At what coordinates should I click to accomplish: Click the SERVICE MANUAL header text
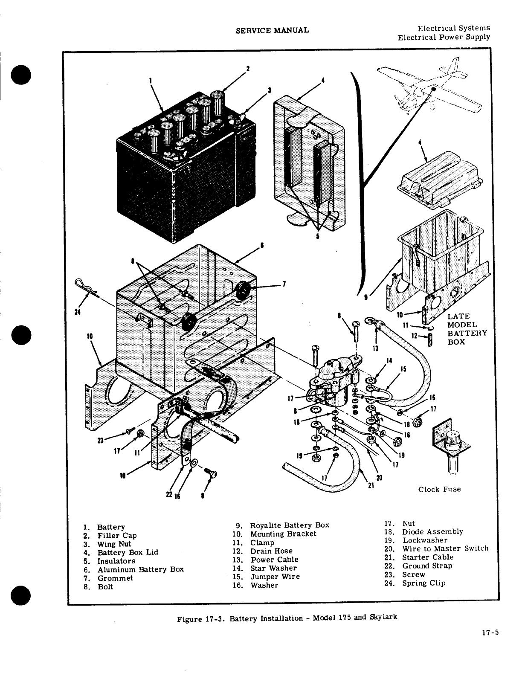pos(272,30)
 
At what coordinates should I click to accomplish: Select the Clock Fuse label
pos(439,489)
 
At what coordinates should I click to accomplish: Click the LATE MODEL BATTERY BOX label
pos(467,329)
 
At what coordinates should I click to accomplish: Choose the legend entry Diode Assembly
pos(432,531)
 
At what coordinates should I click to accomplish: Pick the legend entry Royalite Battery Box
pos(289,525)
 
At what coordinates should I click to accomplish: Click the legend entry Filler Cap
pos(117,535)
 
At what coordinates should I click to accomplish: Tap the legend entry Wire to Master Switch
pos(445,548)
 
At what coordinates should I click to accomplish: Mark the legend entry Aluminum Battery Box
pos(140,569)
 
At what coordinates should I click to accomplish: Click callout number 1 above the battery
pos(150,79)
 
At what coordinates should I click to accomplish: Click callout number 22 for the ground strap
pos(169,495)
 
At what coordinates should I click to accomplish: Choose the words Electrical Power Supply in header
pos(444,37)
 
